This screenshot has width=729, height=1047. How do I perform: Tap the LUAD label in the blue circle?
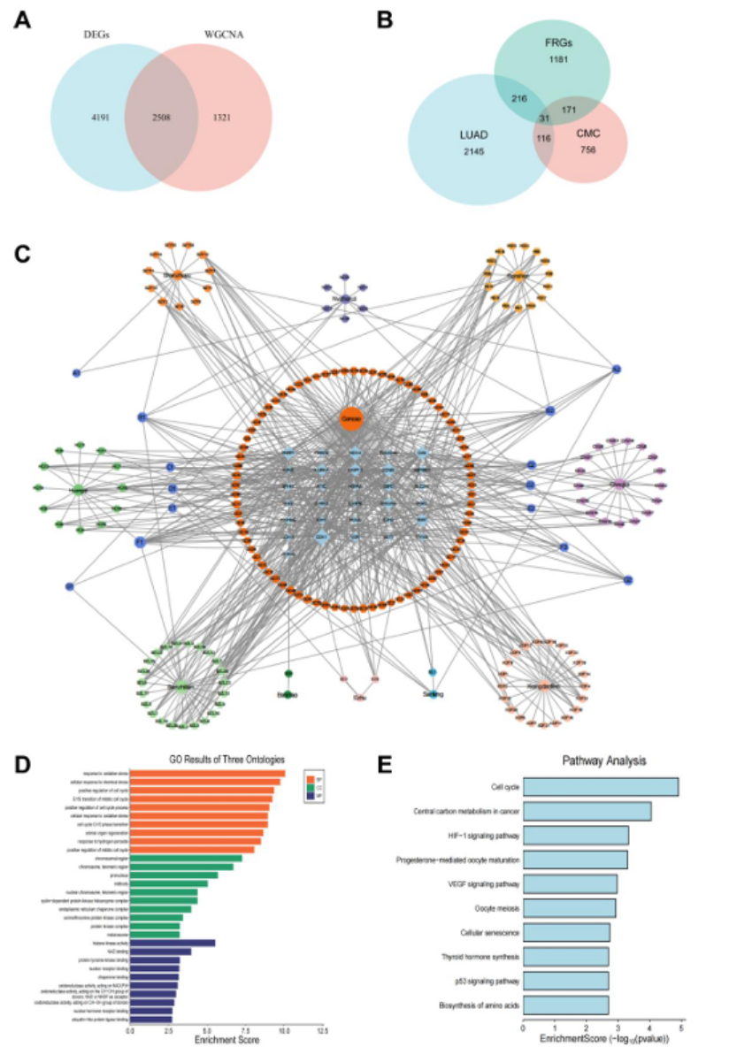coord(471,134)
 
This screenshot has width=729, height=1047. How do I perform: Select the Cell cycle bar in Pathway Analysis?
coord(601,787)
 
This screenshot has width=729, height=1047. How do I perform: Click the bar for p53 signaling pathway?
coord(565,981)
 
